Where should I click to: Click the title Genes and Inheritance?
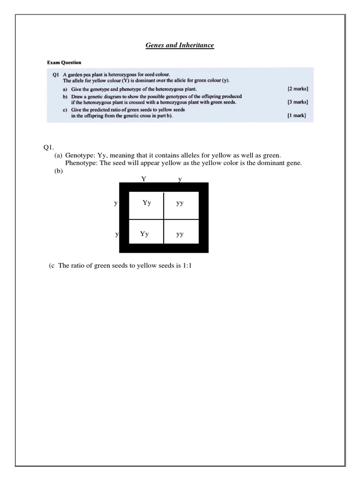180,45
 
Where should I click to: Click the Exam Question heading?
64,62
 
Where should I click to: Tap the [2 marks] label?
298,89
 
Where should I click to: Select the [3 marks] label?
298,102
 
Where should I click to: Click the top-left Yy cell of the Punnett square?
146,203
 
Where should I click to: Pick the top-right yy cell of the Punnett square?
180,204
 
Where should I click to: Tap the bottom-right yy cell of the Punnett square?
180,235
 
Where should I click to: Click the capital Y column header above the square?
143,179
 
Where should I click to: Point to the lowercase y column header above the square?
180,179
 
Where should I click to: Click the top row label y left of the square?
116,203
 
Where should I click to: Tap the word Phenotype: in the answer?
81,163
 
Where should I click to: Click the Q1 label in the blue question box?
55,75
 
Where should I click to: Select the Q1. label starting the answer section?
49,146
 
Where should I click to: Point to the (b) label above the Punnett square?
59,171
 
